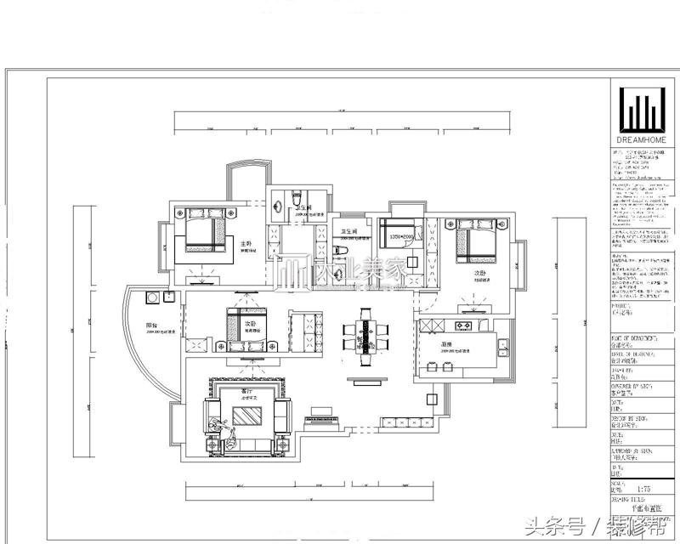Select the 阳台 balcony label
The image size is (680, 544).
coord(151,325)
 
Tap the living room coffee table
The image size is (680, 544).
coord(247,416)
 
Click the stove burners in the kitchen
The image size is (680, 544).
coord(465,325)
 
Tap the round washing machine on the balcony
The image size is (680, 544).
coord(153,298)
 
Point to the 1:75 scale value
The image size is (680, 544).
coord(645,490)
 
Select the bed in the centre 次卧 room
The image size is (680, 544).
coord(246,327)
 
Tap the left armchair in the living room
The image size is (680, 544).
coord(212,417)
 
